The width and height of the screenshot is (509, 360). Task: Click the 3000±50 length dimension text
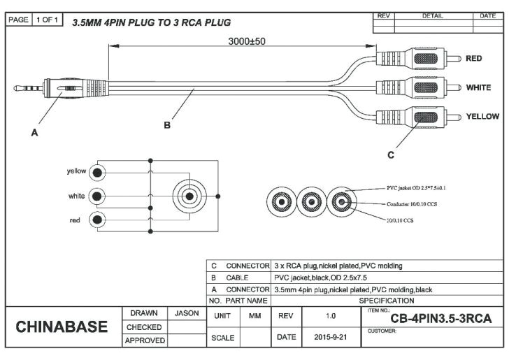tap(247, 41)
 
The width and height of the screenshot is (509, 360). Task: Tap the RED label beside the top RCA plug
tap(474, 59)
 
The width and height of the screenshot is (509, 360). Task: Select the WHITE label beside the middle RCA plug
tap(478, 88)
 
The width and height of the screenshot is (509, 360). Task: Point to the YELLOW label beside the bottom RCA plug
tap(482, 116)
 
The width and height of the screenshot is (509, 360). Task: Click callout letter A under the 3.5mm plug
tap(34, 134)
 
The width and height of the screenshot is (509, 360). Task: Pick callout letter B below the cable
tap(167, 125)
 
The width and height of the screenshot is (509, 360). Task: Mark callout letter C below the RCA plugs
tap(391, 154)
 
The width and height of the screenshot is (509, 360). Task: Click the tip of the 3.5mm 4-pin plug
tap(17, 89)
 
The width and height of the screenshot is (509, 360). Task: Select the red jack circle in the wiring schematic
tap(99, 221)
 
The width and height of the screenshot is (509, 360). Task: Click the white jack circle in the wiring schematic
tap(99, 196)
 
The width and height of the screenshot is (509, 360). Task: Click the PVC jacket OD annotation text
tap(416, 188)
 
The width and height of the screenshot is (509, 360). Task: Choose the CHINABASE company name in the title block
tap(62, 327)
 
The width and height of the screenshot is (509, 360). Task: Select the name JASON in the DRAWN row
tap(187, 313)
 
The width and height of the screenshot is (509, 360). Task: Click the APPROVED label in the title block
tap(145, 340)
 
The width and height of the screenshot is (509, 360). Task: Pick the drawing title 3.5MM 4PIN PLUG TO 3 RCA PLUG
tap(151, 23)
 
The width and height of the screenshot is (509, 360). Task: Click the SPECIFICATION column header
tap(386, 301)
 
